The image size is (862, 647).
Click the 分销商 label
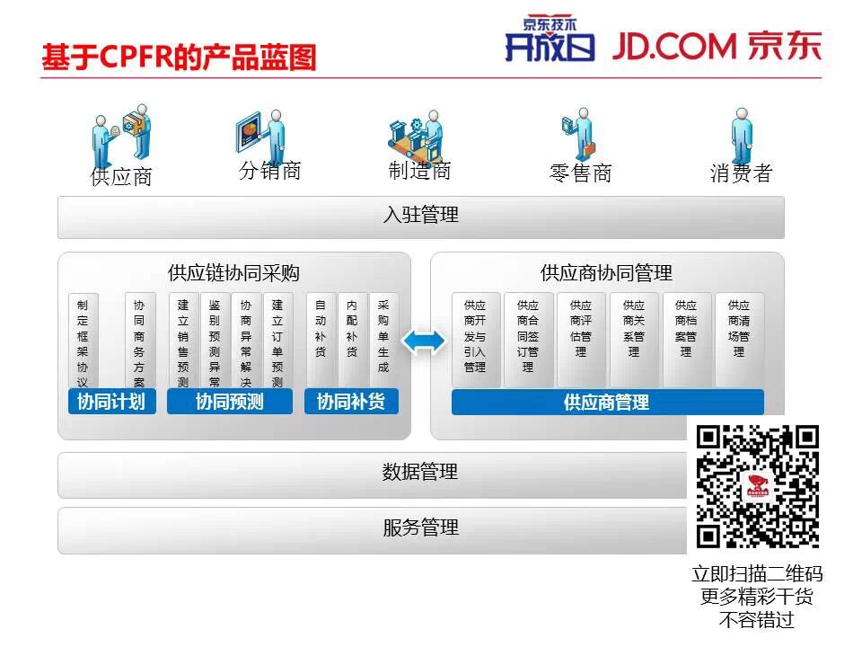click(270, 171)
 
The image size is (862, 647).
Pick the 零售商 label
click(580, 173)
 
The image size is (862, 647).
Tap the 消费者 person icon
click(741, 137)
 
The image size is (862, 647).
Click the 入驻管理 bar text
click(420, 216)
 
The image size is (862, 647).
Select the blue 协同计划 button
click(111, 402)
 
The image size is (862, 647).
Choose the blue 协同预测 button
click(230, 402)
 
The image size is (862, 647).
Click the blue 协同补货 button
click(351, 402)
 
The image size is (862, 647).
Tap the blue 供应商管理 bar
click(607, 403)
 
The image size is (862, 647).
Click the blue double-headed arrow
click(423, 341)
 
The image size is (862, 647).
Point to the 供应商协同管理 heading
click(606, 272)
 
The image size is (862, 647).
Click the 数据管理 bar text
click(420, 473)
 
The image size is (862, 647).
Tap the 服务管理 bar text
click(420, 528)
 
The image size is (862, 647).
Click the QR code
click(758, 486)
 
